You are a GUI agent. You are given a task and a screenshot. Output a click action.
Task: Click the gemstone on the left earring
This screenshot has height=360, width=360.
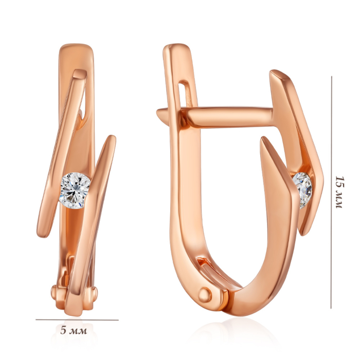click(75, 191)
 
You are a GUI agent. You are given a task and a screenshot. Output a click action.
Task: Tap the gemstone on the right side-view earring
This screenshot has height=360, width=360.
click(303, 190)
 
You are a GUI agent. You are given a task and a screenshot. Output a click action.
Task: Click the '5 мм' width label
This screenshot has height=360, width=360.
click(74, 331)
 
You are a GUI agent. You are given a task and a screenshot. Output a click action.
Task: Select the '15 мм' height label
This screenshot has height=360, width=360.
click(339, 192)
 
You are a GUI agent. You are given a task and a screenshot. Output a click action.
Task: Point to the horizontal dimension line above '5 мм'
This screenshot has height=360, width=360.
click(77, 319)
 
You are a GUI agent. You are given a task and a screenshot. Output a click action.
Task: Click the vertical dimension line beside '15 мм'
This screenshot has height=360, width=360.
click(331, 192)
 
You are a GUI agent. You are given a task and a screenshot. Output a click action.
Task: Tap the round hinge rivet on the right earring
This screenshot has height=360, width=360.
click(205, 295)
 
